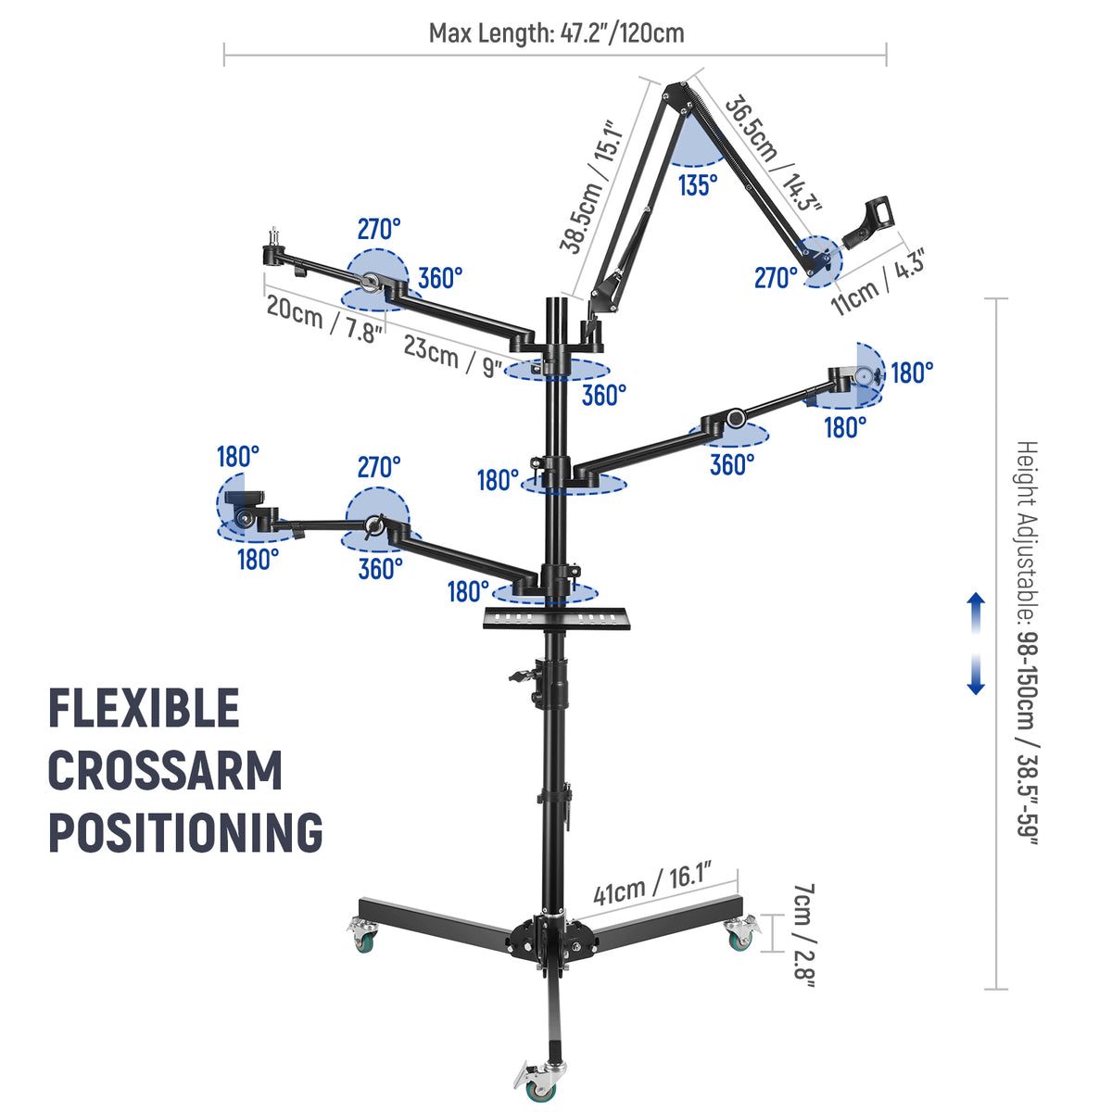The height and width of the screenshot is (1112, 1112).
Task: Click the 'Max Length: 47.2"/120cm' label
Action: pos(556,32)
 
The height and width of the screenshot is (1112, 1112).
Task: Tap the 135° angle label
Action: pos(698,185)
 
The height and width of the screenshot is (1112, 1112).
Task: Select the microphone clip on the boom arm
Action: pos(868,221)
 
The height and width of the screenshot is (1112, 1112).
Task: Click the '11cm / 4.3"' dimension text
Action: pos(878,283)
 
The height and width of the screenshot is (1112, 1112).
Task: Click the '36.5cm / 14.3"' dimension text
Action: pos(773,154)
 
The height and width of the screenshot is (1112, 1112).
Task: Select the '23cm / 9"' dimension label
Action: pos(452,356)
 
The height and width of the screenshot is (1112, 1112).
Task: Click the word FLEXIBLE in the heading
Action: pos(145,708)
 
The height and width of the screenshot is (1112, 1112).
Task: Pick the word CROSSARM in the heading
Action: pos(166,770)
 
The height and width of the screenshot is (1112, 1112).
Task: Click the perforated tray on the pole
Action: pos(556,618)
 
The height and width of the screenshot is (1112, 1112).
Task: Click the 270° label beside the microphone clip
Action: pos(777,278)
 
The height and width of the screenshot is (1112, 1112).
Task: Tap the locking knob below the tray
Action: pos(523,676)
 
